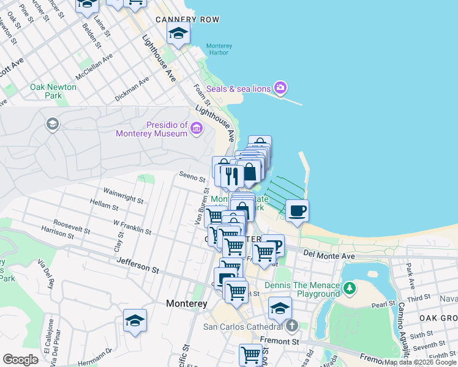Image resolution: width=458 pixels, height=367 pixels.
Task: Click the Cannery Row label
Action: [x=187, y=20]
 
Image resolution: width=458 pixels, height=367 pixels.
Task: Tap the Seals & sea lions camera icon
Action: [x=280, y=89]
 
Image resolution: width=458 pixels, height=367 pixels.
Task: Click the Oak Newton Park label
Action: [x=53, y=91]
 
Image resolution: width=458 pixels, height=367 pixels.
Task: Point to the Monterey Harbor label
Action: [x=219, y=49]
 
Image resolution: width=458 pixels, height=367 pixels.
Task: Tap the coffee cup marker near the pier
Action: [x=297, y=212]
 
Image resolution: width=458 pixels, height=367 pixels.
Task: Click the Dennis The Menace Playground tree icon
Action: [x=349, y=287]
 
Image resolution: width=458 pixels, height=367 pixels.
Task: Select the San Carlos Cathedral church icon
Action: [x=293, y=325]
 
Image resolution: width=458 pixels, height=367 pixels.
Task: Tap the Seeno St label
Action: [x=192, y=178]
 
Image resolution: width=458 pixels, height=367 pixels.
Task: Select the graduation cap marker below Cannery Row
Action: [x=178, y=34]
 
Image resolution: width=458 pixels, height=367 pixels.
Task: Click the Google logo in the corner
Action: [x=20, y=360]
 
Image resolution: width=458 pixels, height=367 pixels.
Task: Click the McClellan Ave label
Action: [x=94, y=66]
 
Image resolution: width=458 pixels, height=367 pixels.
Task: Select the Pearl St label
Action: [x=383, y=304]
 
